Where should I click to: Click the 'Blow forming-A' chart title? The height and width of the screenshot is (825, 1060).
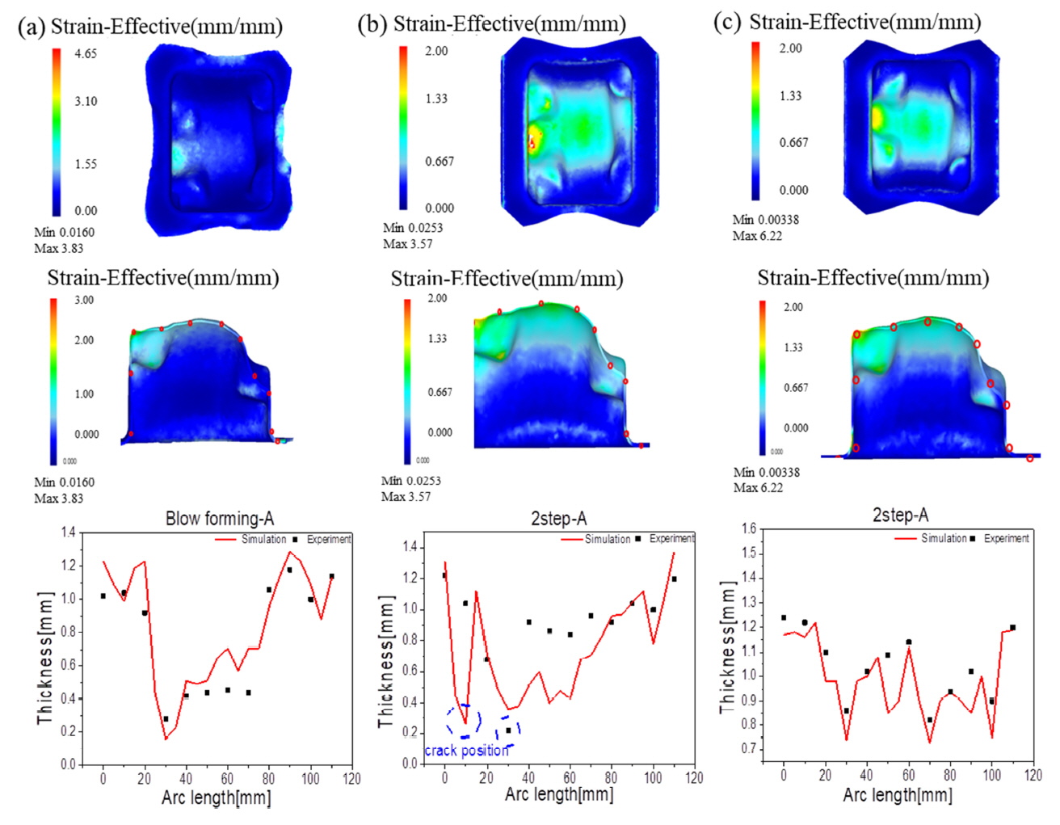coord(220,519)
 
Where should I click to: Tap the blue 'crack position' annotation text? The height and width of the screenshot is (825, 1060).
coord(467,751)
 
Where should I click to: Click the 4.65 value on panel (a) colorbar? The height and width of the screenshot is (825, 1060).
coord(86,54)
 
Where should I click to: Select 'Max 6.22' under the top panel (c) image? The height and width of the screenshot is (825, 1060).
coord(757,236)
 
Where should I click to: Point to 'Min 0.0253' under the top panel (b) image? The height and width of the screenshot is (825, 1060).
coord(413,228)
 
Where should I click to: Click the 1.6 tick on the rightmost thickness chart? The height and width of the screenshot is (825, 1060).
coord(749,529)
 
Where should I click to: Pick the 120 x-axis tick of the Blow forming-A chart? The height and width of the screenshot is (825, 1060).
coord(351,779)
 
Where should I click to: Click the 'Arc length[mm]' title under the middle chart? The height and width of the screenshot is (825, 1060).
coord(559,794)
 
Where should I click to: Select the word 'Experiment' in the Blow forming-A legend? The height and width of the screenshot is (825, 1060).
coord(329,539)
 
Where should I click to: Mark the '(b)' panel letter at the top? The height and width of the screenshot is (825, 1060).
coord(372,24)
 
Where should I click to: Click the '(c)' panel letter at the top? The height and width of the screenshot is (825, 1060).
coord(727,22)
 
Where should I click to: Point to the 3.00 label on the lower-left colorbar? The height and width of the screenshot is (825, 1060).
coord(84,300)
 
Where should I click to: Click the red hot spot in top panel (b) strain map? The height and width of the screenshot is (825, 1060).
coord(532,144)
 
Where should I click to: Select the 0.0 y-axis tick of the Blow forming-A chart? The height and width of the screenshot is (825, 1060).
coord(69,764)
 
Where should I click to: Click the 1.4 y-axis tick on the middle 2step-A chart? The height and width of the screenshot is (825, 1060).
coord(410,547)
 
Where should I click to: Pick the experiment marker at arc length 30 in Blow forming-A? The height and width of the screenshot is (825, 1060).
coord(166,718)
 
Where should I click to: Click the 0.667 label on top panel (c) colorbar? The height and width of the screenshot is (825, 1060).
coord(793,143)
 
